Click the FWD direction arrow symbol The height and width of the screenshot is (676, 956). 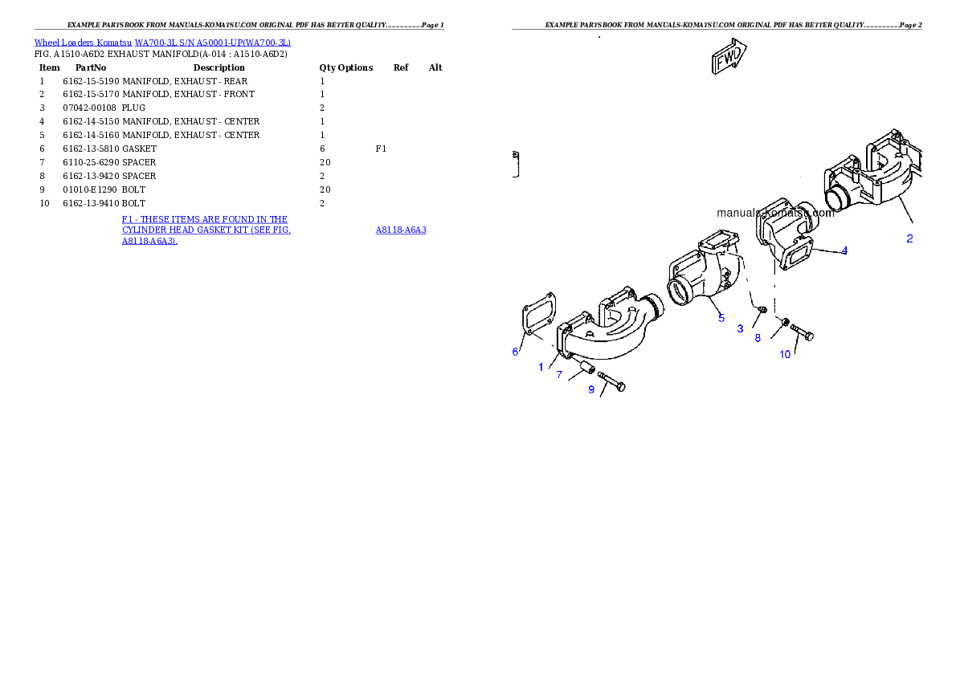pos(729,56)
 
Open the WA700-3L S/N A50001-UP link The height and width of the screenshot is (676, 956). pos(213,43)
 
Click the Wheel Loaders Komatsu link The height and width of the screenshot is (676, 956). pos(83,43)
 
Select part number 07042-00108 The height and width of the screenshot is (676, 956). pos(90,108)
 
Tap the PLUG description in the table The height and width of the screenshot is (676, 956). pos(133,108)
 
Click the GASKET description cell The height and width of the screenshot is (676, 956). pos(140,149)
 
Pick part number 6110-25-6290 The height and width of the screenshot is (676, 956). pos(91,162)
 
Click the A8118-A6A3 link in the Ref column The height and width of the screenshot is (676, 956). pos(401,230)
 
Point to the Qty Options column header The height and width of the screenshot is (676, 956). pos(345,67)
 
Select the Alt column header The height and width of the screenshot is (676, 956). pos(435,67)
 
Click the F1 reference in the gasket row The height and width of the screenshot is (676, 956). pos(381,149)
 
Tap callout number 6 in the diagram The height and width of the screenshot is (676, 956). pos(515,352)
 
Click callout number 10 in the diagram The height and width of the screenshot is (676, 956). pos(785,354)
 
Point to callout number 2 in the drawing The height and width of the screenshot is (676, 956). pos(909,238)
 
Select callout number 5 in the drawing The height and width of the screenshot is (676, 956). pos(721,318)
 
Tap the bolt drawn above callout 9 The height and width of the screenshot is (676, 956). pos(611,382)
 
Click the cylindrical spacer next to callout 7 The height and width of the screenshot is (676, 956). pos(587,368)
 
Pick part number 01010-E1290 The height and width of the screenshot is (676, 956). pos(90,189)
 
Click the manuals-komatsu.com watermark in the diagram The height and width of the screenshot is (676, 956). pos(775,213)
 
